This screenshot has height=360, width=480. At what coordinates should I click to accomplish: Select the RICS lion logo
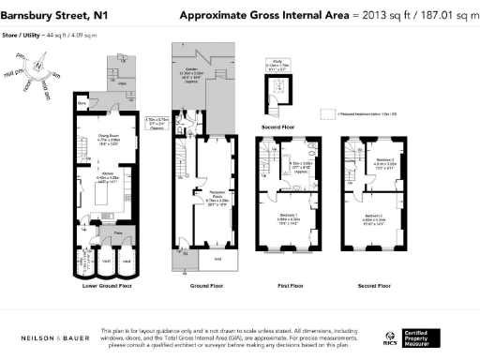click(389, 337)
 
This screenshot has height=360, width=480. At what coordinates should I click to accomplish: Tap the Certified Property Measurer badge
click(427, 337)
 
